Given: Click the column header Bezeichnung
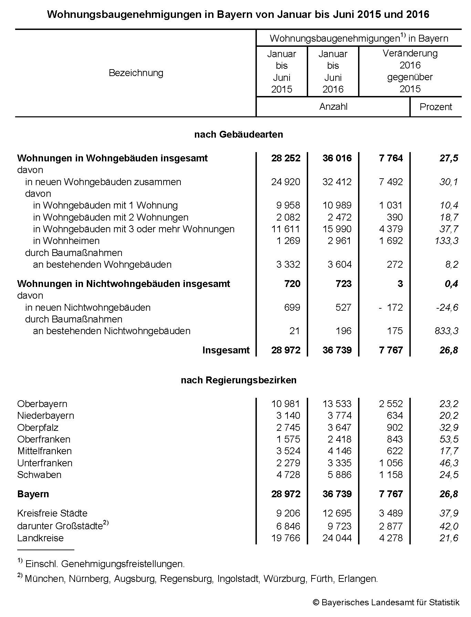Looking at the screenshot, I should [x=136, y=73].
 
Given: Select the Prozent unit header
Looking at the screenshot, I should [x=436, y=107].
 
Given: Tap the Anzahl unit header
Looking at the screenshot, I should [x=333, y=107].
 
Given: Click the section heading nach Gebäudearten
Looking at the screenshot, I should [x=239, y=135].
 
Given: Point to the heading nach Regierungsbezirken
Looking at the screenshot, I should [x=239, y=380].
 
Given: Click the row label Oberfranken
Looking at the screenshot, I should [x=44, y=439].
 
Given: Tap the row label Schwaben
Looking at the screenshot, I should [x=39, y=475].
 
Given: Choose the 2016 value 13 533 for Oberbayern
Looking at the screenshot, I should [x=337, y=404].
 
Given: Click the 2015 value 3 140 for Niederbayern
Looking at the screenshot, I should [x=288, y=416].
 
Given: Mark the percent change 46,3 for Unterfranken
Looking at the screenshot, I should [x=449, y=463].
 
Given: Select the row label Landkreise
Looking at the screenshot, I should [x=40, y=538].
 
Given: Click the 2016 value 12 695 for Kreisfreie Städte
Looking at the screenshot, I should [x=337, y=513].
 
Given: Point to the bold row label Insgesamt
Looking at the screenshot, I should [x=226, y=350].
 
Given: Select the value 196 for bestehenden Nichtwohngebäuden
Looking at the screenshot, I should [x=344, y=331].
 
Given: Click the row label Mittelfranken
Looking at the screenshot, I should [x=44, y=451].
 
